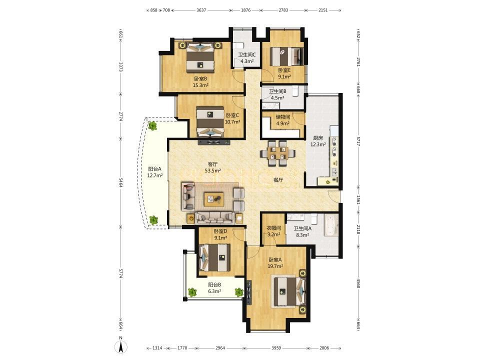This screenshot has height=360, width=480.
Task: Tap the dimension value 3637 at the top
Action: click(201, 10)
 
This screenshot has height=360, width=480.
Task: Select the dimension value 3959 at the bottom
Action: click(276, 348)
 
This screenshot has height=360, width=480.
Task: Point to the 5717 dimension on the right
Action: click(358, 140)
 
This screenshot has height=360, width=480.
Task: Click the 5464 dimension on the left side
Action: click(120, 183)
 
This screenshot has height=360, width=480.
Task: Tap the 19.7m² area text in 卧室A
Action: click(275, 266)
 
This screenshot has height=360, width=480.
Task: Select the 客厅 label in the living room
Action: click(213, 164)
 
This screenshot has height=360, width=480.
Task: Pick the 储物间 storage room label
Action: click(283, 117)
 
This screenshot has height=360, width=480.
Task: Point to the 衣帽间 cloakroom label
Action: click(273, 228)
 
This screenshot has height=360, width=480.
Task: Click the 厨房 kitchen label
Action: click(318, 138)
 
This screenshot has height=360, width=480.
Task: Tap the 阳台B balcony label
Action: click(214, 284)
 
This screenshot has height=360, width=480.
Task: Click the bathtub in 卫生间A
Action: click(331, 226)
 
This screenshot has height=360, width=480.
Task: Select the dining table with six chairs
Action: click(278, 153)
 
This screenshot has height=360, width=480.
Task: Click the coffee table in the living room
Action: click(213, 199)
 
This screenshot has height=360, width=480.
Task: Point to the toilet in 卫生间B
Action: click(295, 91)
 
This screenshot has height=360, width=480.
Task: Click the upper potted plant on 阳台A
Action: click(152, 125)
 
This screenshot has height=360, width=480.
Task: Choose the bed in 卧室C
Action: click(210, 121)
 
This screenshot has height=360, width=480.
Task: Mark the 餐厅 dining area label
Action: click(278, 180)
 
